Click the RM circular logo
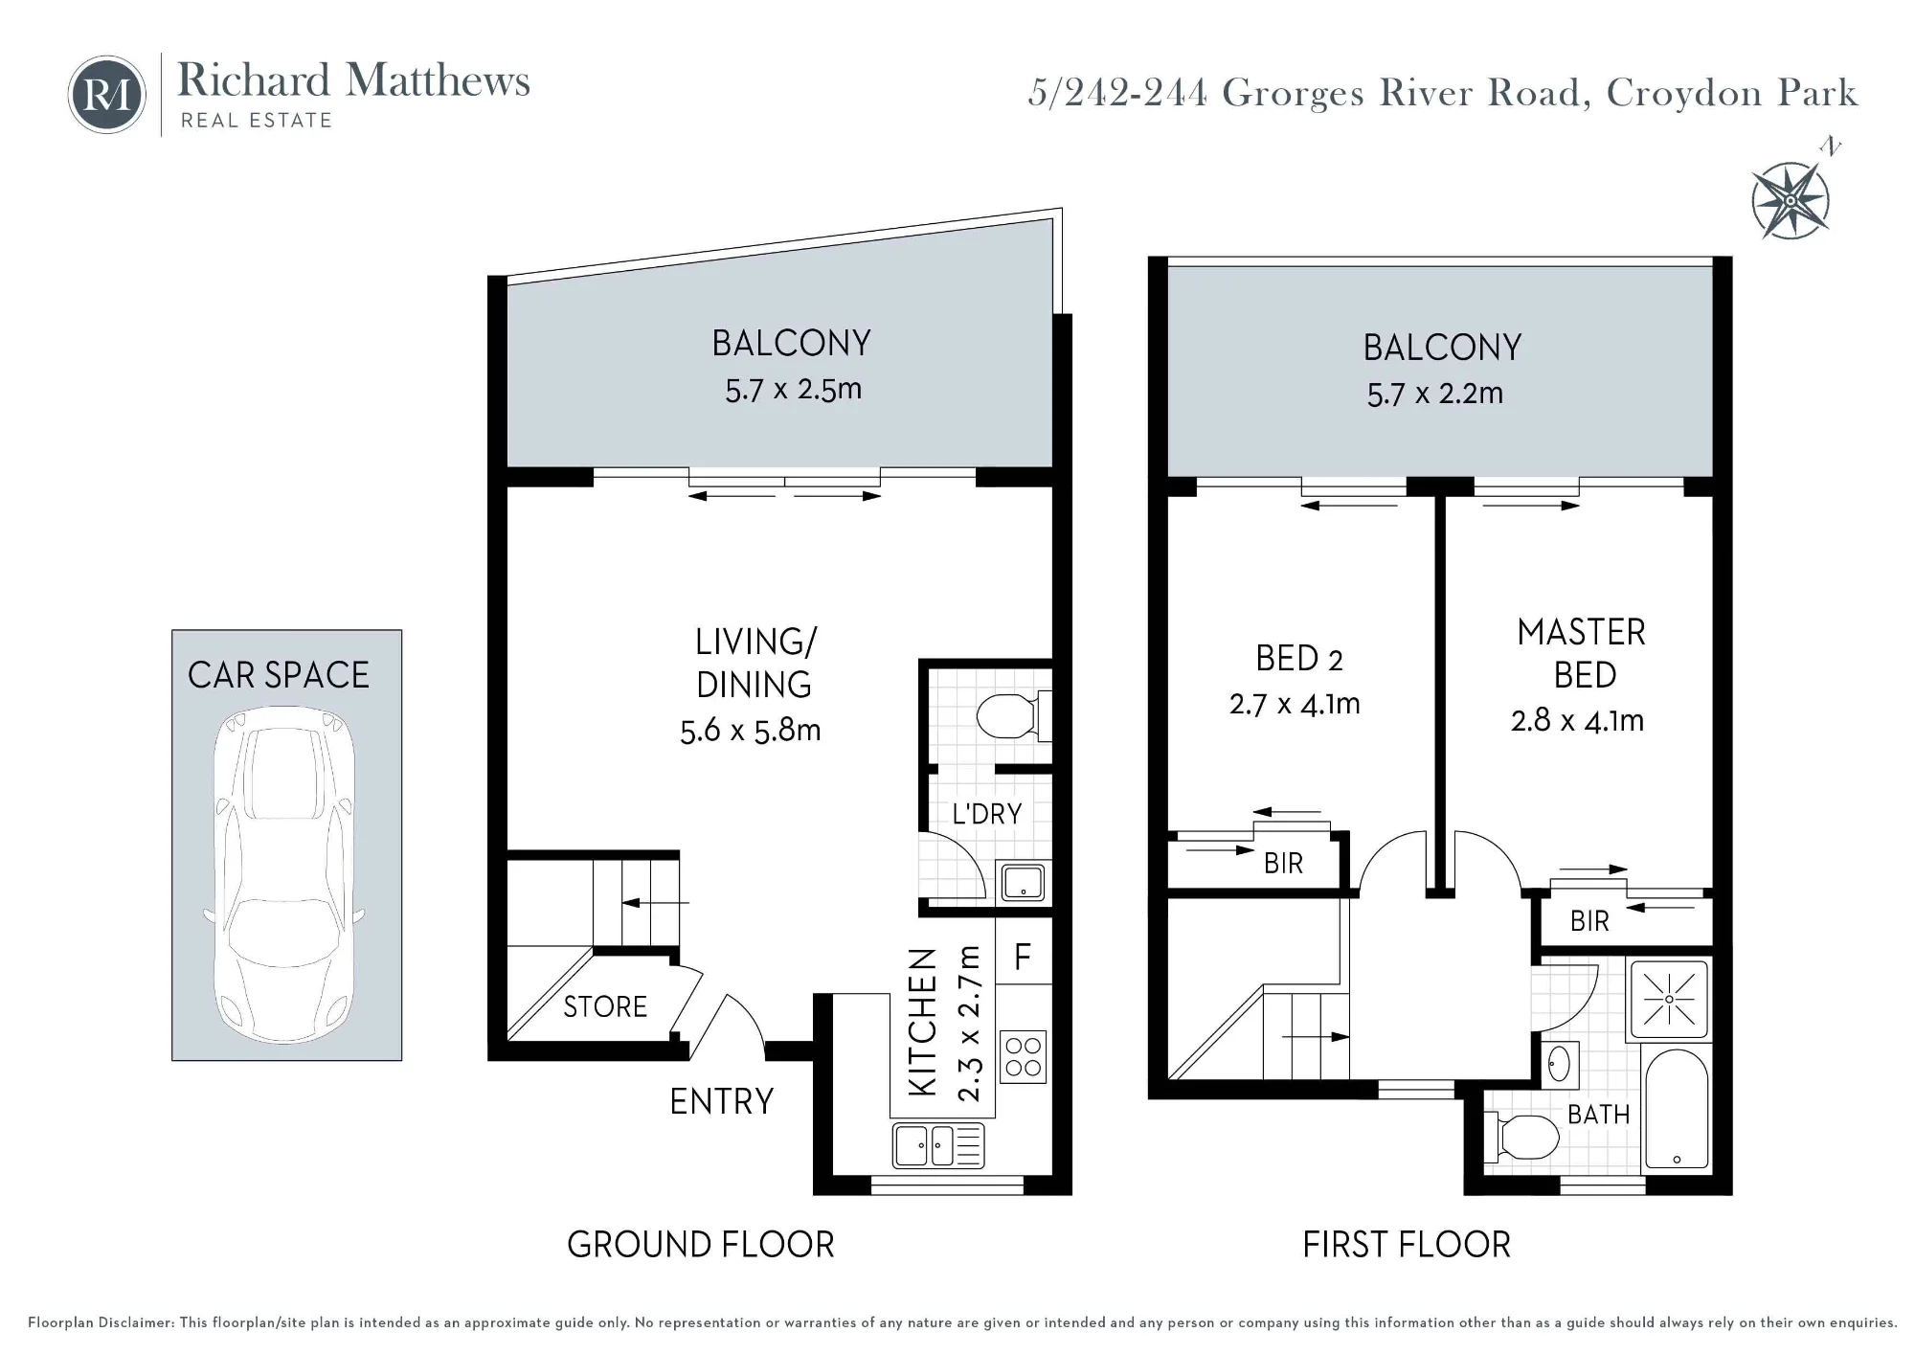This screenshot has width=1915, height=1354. coord(106,94)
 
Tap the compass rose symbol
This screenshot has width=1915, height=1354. coord(1791,199)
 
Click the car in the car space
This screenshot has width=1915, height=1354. coord(284,875)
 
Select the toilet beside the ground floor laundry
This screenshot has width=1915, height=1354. coord(1013,715)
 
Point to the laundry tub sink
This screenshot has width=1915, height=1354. coord(1023,882)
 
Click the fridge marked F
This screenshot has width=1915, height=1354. coord(1023,951)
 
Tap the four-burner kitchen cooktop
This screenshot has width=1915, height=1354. coord(1023,1056)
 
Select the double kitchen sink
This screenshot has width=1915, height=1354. coord(938,1145)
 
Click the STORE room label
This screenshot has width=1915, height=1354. coord(605,1006)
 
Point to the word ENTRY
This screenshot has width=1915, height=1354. coord(721,1101)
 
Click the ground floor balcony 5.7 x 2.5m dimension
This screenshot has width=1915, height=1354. coord(793,390)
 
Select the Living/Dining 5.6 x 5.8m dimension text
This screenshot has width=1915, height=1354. coord(750,731)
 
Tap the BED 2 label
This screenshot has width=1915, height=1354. coord(1298,659)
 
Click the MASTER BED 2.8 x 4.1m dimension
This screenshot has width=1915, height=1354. coord(1577,720)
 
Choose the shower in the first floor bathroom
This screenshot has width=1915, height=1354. coord(1669,999)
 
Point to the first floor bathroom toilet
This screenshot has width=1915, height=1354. coord(1522,1138)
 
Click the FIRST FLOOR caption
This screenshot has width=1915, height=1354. coord(1407,1245)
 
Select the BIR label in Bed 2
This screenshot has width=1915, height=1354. coord(1283,863)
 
